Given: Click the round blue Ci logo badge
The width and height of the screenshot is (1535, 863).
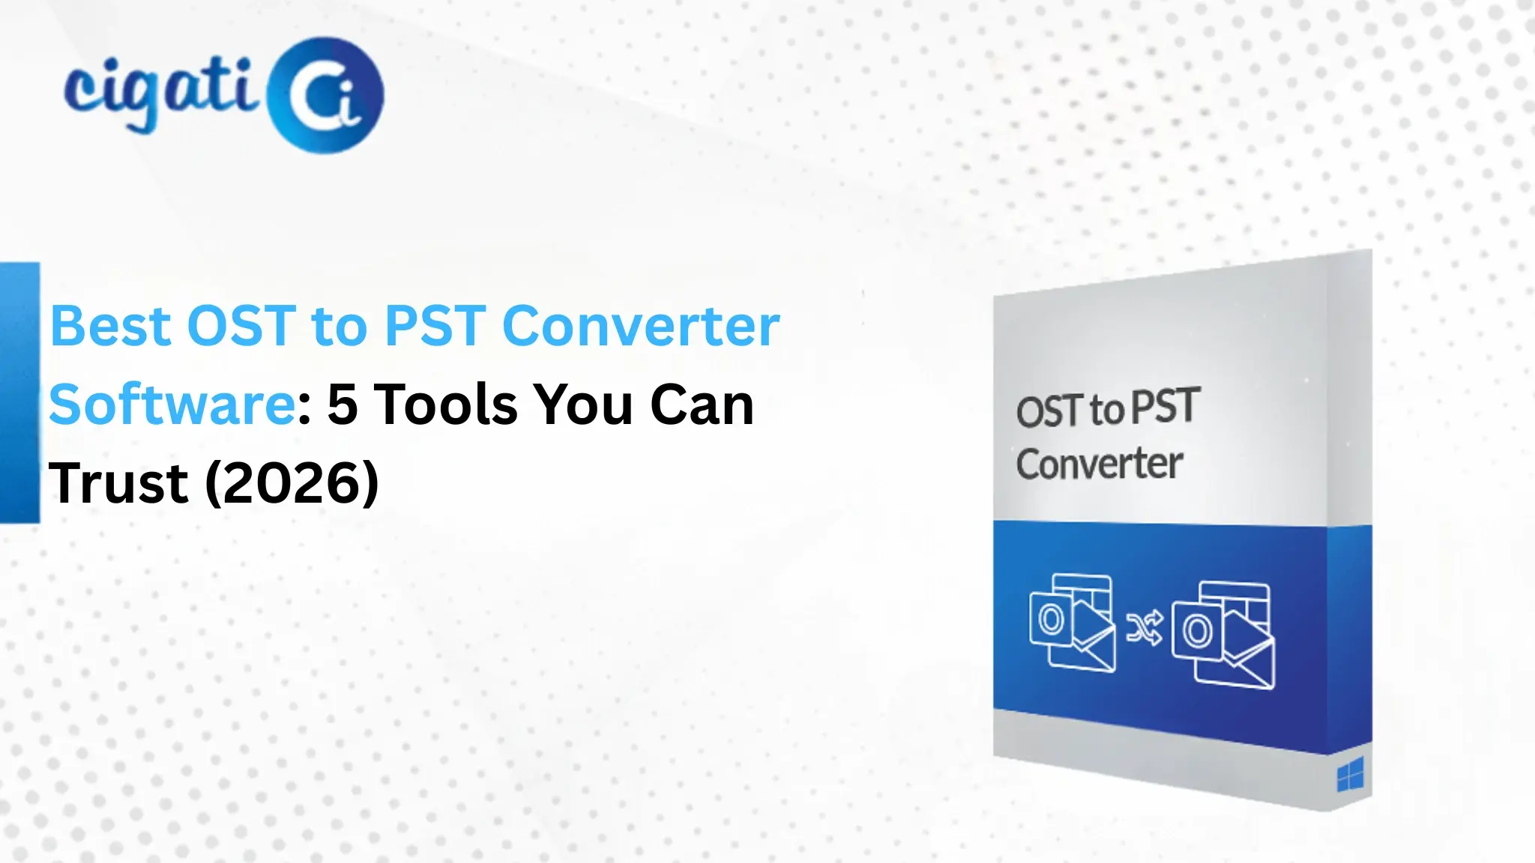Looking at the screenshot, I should click(x=325, y=95).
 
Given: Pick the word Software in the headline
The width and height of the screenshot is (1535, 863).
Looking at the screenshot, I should click(x=172, y=405).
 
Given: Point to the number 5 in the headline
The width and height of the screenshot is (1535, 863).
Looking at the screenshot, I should click(x=343, y=405).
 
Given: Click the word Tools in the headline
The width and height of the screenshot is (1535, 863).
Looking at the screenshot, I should click(x=446, y=405).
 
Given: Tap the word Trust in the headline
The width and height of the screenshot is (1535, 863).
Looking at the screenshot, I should click(x=118, y=483).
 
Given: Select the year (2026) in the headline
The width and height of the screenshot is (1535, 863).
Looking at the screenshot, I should click(x=292, y=483).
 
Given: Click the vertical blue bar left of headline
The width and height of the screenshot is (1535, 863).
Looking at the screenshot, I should click(x=19, y=393).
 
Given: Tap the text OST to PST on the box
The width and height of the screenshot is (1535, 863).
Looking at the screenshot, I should click(x=1107, y=409).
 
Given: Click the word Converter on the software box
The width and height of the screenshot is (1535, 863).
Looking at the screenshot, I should click(x=1100, y=464).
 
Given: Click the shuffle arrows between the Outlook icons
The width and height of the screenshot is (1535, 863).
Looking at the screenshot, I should click(x=1145, y=628).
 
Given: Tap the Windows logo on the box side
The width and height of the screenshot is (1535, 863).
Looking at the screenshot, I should click(x=1350, y=775).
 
